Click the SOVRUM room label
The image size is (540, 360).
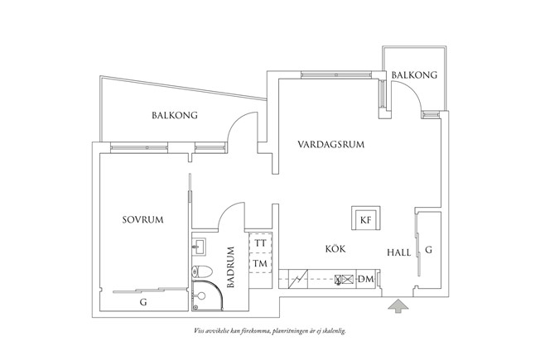tap(143, 219)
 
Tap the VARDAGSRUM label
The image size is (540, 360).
tap(331, 144)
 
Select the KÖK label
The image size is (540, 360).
tap(335, 248)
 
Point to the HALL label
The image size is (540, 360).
tap(399, 252)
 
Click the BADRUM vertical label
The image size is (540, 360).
tap(230, 267)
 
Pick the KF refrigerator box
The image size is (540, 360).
tap(366, 218)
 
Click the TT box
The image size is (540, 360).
tap(261, 243)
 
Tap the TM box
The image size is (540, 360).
tap(261, 263)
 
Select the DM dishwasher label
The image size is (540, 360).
tap(366, 279)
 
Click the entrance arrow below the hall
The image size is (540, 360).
tap(398, 306)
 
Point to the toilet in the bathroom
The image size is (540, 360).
tap(201, 272)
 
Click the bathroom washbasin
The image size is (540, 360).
tap(199, 247)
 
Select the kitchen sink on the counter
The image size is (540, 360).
tap(345, 280)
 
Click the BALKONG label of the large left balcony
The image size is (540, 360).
tap(175, 115)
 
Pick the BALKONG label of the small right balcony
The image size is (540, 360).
tap(414, 75)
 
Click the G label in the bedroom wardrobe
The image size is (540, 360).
tap(143, 302)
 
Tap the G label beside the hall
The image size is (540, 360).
tap(428, 250)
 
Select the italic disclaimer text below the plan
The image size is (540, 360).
tap(270, 331)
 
